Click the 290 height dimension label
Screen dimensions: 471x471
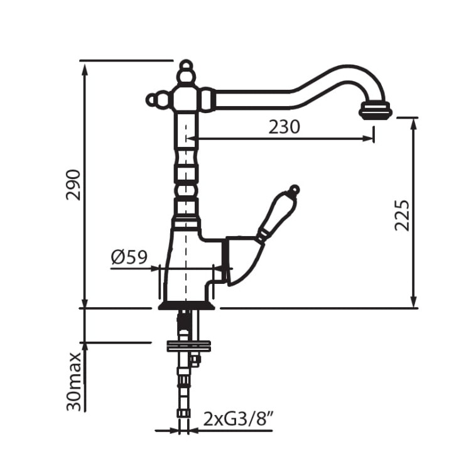(x=73, y=185)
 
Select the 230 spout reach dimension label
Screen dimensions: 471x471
(x=284, y=127)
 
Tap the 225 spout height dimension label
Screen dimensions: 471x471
(x=402, y=215)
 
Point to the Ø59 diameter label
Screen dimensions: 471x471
(x=129, y=257)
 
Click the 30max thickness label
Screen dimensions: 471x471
(x=74, y=381)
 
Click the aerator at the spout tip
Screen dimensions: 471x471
(x=376, y=111)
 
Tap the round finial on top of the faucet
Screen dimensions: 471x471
(x=187, y=67)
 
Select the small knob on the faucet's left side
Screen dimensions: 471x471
(x=153, y=99)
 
